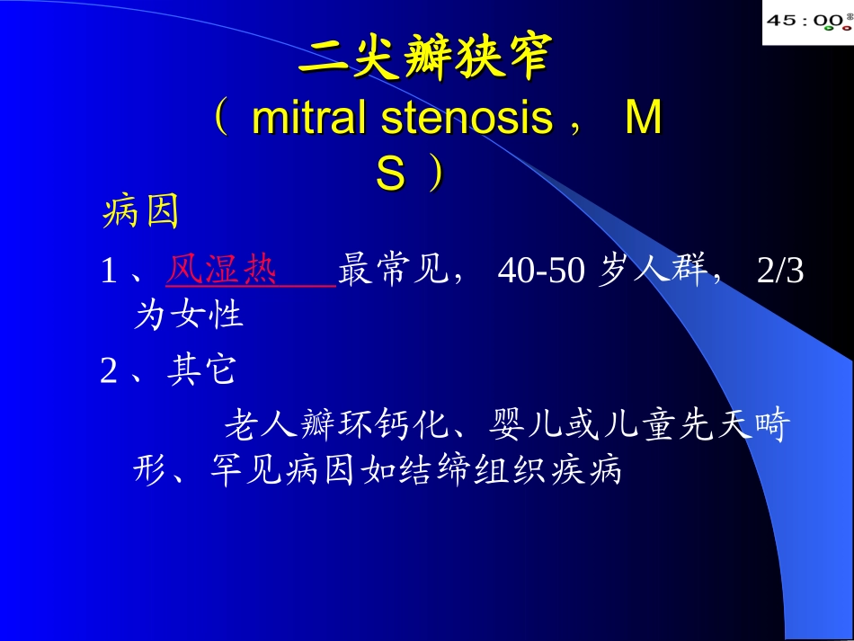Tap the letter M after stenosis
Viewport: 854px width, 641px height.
tap(644, 120)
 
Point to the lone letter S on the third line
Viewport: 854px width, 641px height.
tap(390, 174)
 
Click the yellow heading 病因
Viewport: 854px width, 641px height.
tap(142, 213)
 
